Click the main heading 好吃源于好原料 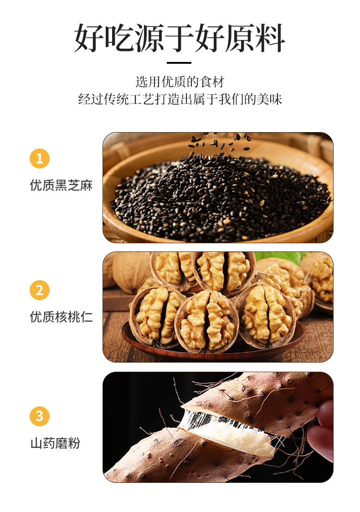pos(180,38)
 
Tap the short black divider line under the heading pos(179,63)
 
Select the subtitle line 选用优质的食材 pos(180,82)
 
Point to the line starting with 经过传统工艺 pos(180,99)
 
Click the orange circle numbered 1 pos(40,159)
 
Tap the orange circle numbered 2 pos(40,290)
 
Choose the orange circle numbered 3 pos(40,416)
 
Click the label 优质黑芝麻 pos(62,185)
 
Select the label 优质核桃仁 pos(62,317)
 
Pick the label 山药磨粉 pos(55,443)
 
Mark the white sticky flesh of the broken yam pos(235,431)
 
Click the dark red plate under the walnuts pos(214,346)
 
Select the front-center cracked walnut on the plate pos(207,322)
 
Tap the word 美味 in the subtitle pos(269,99)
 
